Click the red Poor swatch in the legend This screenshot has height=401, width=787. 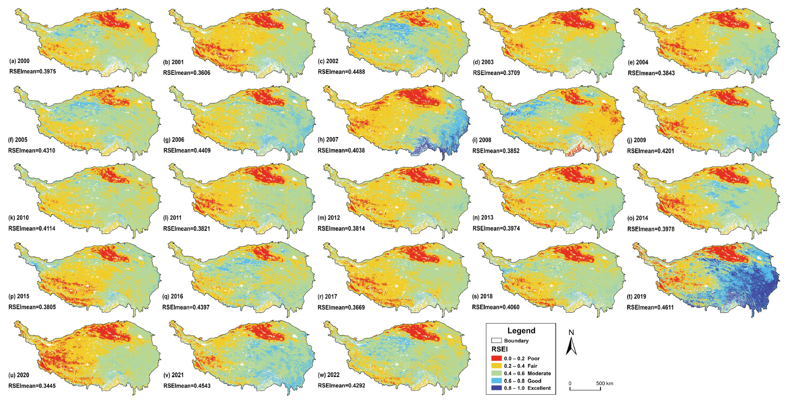[x=496, y=358]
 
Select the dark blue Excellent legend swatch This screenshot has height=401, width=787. [x=496, y=388]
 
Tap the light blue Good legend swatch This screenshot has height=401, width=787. [x=496, y=381]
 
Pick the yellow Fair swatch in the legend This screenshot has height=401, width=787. [x=496, y=366]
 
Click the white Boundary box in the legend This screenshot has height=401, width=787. [x=496, y=341]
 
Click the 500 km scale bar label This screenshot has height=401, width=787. [x=604, y=383]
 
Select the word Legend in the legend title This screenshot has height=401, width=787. [x=521, y=331]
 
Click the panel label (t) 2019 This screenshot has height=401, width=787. [x=636, y=296]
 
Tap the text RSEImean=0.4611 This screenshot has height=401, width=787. [x=650, y=307]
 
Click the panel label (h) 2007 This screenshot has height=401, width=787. [x=328, y=140]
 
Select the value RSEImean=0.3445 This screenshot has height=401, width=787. [x=32, y=386]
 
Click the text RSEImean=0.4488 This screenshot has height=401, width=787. [x=341, y=72]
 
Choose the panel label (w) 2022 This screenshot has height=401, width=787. [x=329, y=375]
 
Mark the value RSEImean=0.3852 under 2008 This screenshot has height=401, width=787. [x=496, y=151]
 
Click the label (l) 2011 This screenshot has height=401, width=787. [x=172, y=218]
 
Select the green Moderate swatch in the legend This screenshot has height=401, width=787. [x=496, y=373]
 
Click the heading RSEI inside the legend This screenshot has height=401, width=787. [x=499, y=349]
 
